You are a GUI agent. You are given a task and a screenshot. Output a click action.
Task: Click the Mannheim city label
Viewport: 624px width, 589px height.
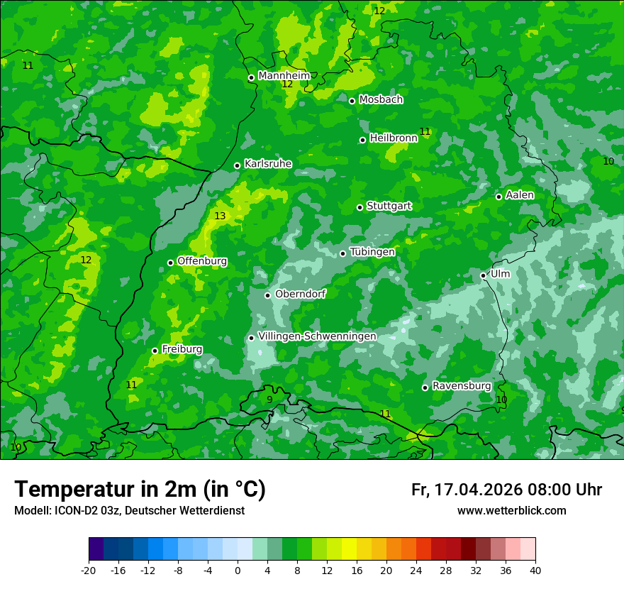284,75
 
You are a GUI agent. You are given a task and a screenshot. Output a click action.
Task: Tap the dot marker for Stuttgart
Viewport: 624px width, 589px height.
360,207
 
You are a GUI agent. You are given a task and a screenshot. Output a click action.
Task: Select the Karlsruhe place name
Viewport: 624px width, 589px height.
267,163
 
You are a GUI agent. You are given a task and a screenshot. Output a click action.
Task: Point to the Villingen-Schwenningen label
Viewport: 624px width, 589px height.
317,336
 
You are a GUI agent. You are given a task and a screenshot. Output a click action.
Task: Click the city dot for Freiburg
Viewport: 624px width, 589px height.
155,351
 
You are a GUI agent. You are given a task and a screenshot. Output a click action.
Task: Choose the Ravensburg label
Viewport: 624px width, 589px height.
461,385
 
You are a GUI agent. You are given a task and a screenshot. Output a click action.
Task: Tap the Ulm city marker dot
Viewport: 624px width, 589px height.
484,275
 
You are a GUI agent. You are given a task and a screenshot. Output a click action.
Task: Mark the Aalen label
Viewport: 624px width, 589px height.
520,195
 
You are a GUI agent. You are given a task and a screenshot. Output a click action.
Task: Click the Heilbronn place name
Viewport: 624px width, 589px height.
394,138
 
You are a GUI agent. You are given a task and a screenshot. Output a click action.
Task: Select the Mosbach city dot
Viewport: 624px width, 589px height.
352,101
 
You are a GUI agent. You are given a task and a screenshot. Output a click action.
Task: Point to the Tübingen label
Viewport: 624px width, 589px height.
372,251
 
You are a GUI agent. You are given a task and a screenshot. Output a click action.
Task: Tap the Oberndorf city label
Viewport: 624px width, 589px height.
300,293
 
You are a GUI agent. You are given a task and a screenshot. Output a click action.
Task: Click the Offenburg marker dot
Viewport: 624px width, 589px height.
170,263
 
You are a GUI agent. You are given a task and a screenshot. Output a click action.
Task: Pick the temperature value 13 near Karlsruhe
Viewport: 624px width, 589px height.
220,216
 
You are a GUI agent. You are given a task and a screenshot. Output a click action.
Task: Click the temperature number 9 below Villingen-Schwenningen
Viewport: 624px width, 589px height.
269,400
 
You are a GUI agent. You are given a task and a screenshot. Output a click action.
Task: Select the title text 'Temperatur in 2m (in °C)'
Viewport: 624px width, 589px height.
140,489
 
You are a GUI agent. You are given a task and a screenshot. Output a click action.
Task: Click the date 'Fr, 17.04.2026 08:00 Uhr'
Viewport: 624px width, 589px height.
506,490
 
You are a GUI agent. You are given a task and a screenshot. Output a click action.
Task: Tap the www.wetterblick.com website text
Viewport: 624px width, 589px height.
511,510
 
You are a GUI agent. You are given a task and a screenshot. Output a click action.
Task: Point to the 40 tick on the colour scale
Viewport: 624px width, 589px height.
535,570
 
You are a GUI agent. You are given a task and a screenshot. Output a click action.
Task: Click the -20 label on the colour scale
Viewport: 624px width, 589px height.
89,570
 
